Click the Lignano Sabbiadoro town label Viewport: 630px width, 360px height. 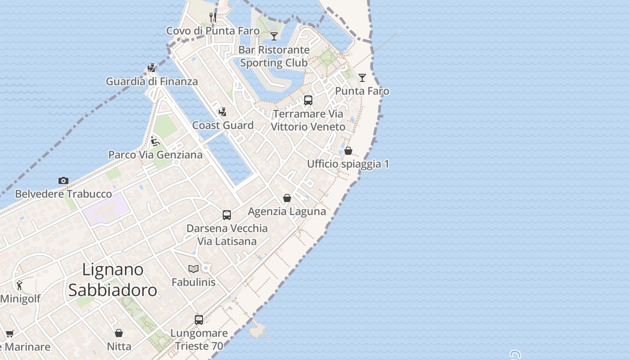[x=113, y=280]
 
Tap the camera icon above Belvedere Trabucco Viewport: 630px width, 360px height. [x=63, y=180]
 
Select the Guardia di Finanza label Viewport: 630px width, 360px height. [x=152, y=81]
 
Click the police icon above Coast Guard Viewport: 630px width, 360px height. [x=222, y=112]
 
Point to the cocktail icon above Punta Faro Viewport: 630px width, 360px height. [x=362, y=77]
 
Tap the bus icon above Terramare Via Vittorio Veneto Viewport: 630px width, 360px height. [x=308, y=100]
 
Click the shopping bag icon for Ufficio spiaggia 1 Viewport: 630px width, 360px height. [x=348, y=150]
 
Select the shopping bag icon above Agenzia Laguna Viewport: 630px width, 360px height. [x=287, y=198]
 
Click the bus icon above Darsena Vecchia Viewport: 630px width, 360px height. [x=227, y=215]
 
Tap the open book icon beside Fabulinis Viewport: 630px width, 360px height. [x=193, y=269]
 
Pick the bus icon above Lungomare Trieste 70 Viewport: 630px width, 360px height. [x=199, y=319]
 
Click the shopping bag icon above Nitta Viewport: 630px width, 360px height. [x=119, y=333]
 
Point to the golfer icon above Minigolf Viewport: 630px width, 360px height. [x=19, y=285]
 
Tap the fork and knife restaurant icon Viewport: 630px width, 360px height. [x=213, y=18]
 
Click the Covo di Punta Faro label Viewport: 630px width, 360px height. [x=213, y=31]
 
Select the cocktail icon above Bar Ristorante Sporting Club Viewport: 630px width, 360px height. [x=274, y=36]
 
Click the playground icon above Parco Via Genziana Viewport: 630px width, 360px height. [x=155, y=141]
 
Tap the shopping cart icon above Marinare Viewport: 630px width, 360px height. [x=9, y=333]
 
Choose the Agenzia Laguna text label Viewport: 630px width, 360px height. [x=287, y=211]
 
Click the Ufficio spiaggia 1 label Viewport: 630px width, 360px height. [x=348, y=164]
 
